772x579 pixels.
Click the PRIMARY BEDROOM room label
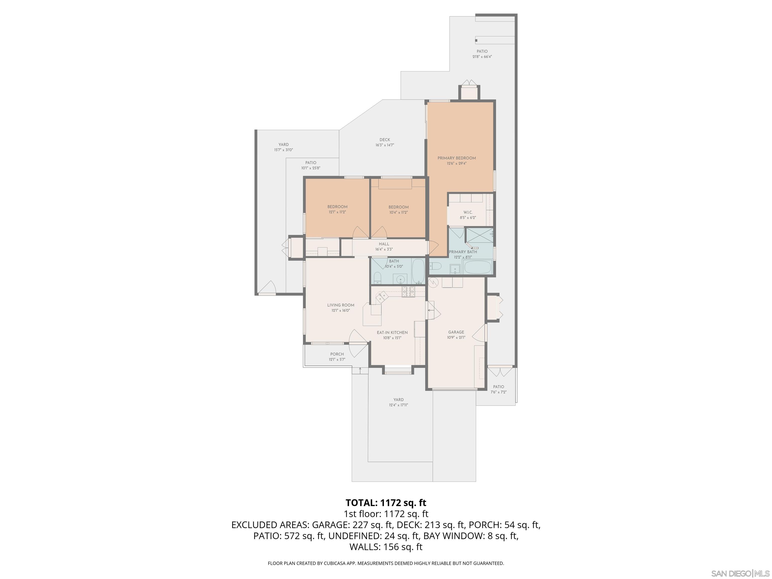coord(457,158)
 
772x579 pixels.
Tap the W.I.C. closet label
coord(468,212)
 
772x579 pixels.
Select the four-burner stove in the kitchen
coord(408,292)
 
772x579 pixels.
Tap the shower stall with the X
coord(479,235)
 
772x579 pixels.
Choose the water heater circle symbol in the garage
coord(433,282)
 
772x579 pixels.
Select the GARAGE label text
coord(456,332)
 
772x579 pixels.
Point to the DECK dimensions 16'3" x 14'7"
coord(384,145)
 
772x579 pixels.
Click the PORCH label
coord(337,354)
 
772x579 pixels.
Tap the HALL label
coord(384,244)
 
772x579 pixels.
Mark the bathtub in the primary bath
coord(477,268)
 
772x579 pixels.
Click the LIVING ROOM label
coord(341,305)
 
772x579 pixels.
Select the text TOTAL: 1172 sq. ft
coord(386,503)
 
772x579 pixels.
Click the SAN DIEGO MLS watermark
coord(740,573)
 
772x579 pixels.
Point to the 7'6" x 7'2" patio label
coord(498,392)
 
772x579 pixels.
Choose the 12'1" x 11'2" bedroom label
coord(337,212)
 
